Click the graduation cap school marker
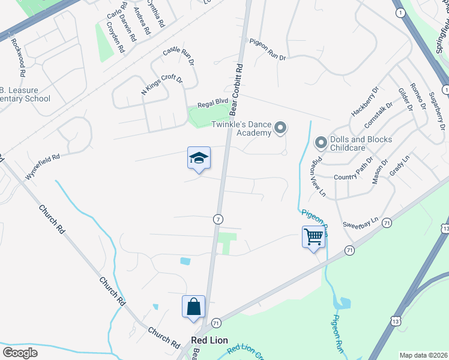(x=199, y=158)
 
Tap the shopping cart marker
(x=313, y=237)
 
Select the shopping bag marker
(x=194, y=307)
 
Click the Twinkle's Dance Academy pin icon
(x=280, y=128)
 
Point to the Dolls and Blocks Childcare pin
(x=321, y=143)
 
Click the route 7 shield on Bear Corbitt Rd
(x=218, y=219)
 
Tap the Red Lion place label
(x=209, y=340)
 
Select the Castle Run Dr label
(x=179, y=56)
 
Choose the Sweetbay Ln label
(x=360, y=221)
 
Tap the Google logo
(x=20, y=353)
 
